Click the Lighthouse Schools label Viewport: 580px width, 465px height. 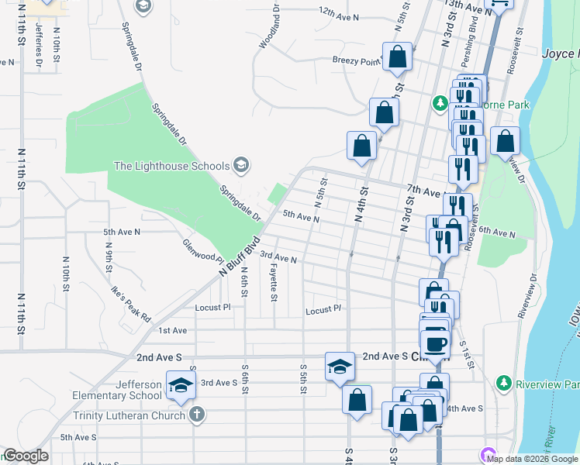pyautogui.click(x=171, y=166)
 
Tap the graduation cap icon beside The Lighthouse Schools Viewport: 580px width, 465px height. pyautogui.click(x=241, y=164)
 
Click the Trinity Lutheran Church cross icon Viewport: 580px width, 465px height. pyautogui.click(x=197, y=415)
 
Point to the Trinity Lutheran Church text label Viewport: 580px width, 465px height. pyautogui.click(x=129, y=415)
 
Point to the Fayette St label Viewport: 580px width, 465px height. pyautogui.click(x=274, y=281)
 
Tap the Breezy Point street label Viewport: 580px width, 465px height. pyautogui.click(x=357, y=60)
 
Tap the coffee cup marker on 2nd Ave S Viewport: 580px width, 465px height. pyautogui.click(x=435, y=343)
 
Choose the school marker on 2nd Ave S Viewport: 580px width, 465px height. pyautogui.click(x=340, y=367)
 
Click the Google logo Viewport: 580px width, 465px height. pyautogui.click(x=25, y=456)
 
